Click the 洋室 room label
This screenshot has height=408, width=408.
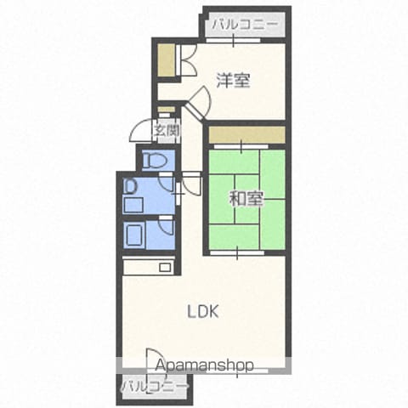[x=233, y=81]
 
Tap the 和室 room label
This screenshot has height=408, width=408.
[x=246, y=198]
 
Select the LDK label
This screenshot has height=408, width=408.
[x=203, y=312]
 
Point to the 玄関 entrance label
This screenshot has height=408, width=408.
[x=167, y=131]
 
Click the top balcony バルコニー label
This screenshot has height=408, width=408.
[x=245, y=25]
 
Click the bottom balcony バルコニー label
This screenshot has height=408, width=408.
[x=155, y=387]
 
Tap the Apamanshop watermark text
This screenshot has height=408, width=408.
[x=204, y=365]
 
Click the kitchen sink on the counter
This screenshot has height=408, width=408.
[x=165, y=268]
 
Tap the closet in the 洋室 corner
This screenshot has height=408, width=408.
[x=166, y=60]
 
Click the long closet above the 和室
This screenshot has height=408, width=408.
[x=246, y=134]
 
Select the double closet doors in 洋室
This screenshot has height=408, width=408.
[x=186, y=60]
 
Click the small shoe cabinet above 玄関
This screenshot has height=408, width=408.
[x=166, y=110]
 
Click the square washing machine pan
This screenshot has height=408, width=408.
[x=133, y=205]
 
